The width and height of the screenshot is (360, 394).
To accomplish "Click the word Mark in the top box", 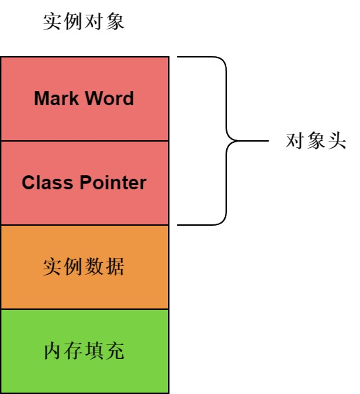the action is tap(56, 98).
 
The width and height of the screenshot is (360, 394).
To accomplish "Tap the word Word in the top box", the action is tap(109, 98).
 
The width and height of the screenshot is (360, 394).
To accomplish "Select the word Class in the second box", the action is tap(47, 182).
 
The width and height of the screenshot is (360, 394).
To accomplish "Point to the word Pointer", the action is tap(113, 182).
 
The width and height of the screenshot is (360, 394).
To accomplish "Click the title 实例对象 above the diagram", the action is tap(84, 22).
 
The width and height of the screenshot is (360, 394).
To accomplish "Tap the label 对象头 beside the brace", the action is tap(316, 140).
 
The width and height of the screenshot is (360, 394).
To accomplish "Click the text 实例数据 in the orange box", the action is tap(84, 266).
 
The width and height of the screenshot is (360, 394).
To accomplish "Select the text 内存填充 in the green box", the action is tap(84, 351).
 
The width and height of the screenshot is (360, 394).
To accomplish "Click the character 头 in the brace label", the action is tap(337, 140).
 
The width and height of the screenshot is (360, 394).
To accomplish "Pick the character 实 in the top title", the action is tap(53, 22).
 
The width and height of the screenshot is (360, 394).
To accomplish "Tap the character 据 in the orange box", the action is tap(115, 266).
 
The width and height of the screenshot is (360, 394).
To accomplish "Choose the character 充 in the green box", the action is tap(115, 351).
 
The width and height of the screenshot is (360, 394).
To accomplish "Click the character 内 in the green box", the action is tap(53, 351).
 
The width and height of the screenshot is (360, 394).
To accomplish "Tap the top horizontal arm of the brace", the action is tap(196, 57).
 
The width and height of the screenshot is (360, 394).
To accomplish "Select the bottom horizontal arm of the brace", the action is tap(196, 224).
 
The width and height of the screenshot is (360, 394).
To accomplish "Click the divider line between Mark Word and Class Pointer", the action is tap(85, 141).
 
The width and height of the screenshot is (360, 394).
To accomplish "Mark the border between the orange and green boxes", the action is tap(85, 309).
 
